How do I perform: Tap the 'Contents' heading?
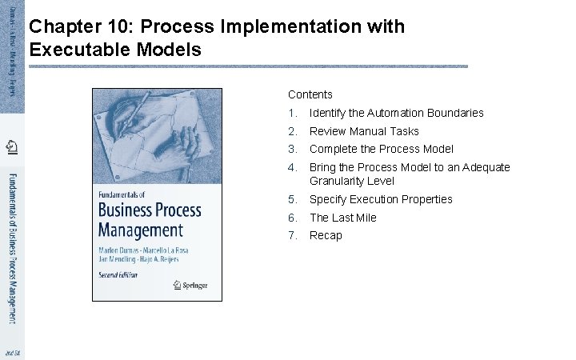coord(310,94)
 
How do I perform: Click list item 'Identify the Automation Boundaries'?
coord(396,113)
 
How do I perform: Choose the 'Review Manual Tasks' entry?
coord(364,131)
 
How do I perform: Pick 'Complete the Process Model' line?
coord(381,149)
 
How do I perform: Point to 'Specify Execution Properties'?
coord(381,199)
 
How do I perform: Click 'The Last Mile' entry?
coord(342,218)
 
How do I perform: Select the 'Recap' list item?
coord(326,235)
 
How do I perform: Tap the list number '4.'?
coord(293,167)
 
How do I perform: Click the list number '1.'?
coord(293,113)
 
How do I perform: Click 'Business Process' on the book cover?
coord(149,210)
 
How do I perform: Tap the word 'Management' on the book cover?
coord(140,230)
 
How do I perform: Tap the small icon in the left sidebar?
coord(12,146)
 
